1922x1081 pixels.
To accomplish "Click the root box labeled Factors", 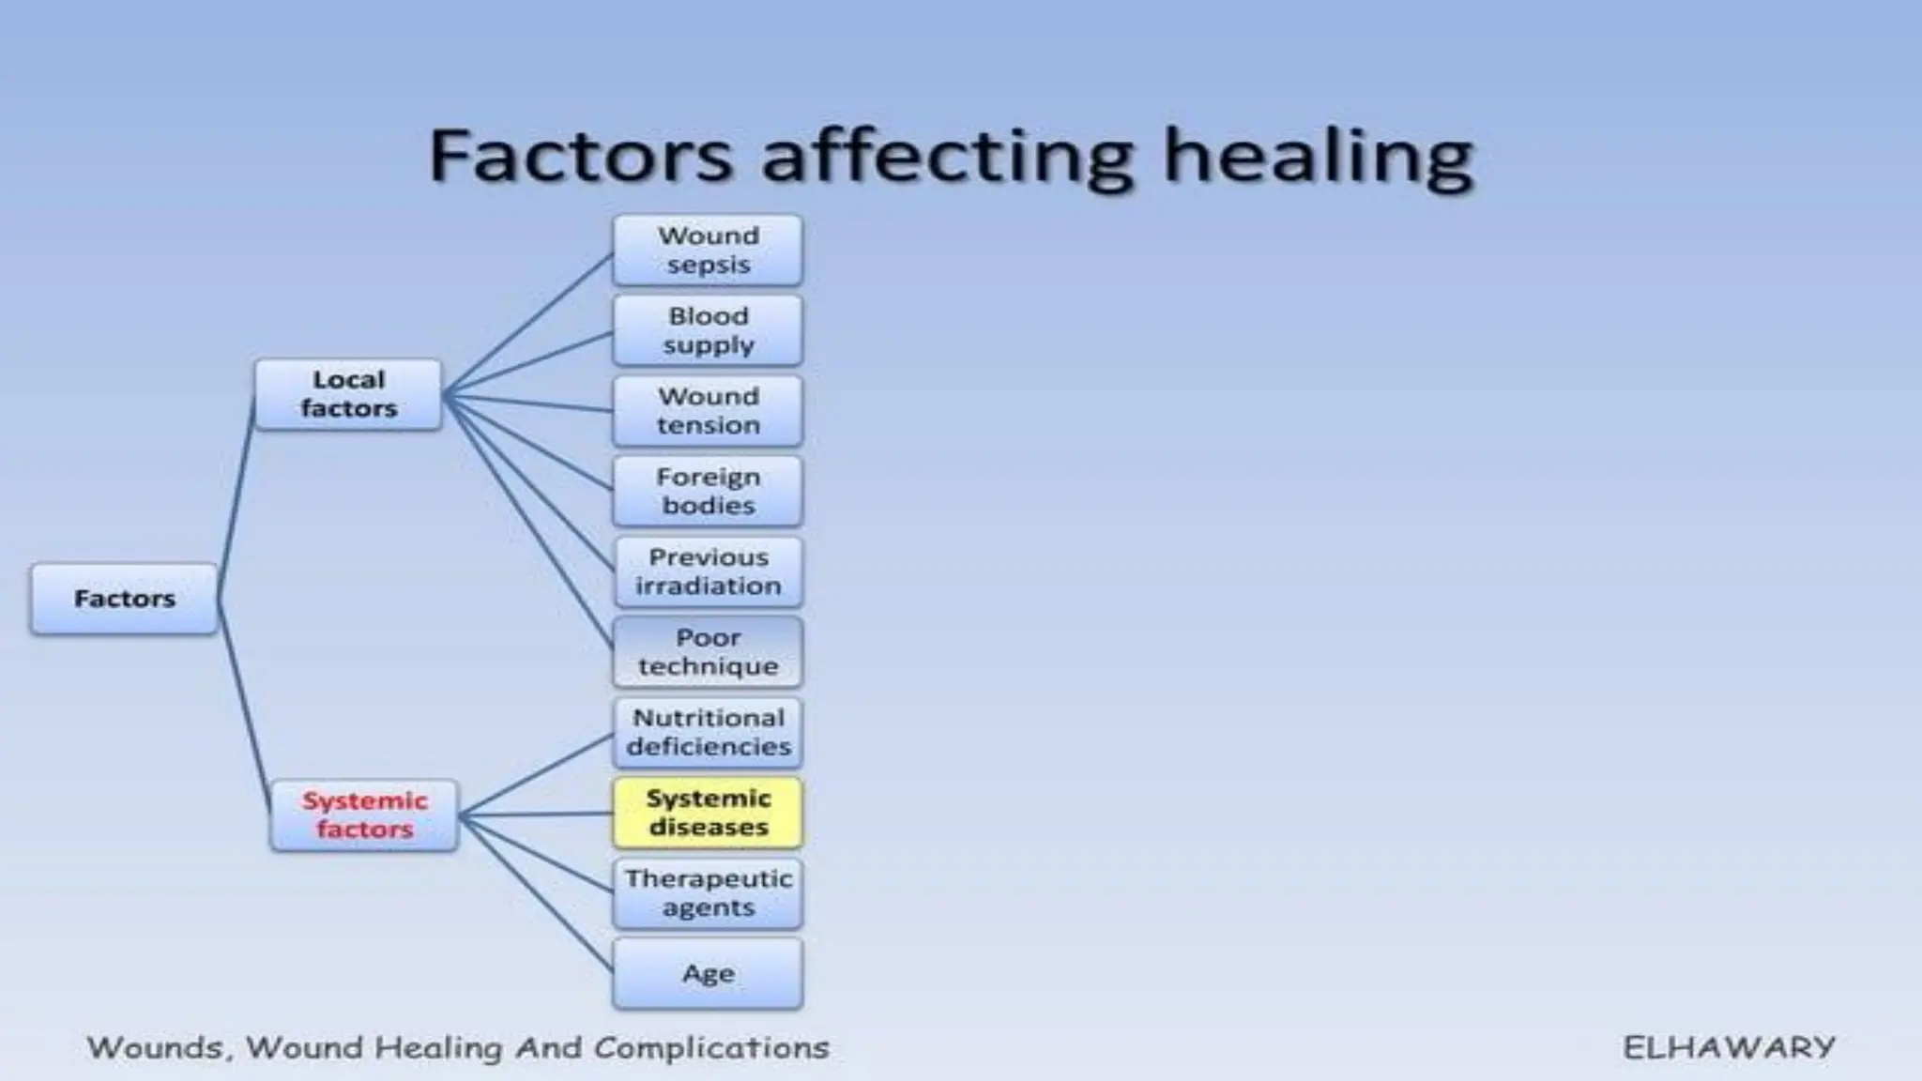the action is (124, 599).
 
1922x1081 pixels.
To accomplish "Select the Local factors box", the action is (348, 394).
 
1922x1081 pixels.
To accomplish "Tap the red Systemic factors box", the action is (364, 815).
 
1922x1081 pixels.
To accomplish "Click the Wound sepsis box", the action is (708, 250).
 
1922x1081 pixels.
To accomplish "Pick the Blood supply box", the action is (708, 330).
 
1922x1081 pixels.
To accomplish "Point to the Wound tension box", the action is (708, 411).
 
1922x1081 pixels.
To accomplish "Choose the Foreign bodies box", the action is (708, 491).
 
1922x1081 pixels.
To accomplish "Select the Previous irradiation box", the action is (708, 571).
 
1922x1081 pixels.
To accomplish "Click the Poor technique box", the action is (708, 651).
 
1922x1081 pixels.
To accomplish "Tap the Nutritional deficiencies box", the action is (708, 732).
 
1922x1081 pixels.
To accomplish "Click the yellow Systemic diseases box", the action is (708, 813).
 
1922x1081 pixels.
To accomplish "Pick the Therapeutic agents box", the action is (708, 892).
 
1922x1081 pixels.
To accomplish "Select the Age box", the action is (708, 973).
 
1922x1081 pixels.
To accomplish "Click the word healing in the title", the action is (1318, 158).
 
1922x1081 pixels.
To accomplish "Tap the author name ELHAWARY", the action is (1729, 1047).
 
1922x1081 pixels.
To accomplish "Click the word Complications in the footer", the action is (711, 1047).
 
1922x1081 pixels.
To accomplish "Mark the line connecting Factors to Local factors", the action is (236, 497).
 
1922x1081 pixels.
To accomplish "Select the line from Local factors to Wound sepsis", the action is (527, 324).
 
